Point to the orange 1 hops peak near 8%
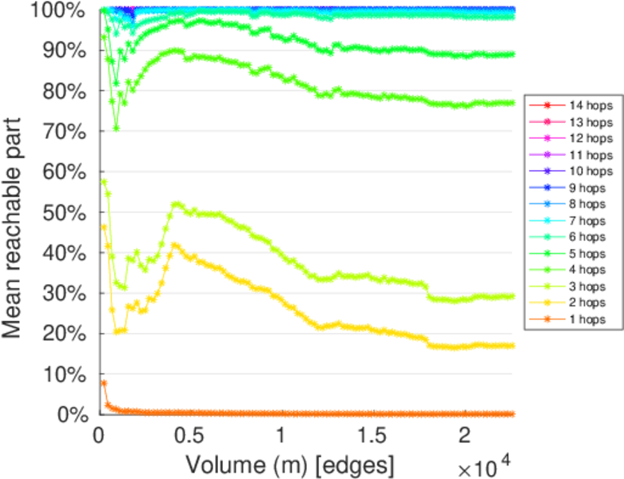coord(103,383)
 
